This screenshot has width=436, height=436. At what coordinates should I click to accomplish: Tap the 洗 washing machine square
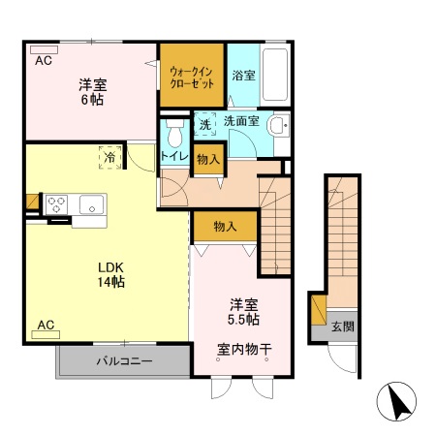[x=204, y=124]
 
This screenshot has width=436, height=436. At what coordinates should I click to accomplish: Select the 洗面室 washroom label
[x=240, y=122]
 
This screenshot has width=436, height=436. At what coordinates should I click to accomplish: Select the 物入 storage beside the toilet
[x=208, y=158]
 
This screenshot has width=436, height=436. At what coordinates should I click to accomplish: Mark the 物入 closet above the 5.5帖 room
[x=225, y=227]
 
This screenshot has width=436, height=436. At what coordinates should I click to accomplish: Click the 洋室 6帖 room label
[x=91, y=91]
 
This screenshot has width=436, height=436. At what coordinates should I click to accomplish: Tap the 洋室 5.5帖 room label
[x=243, y=310]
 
